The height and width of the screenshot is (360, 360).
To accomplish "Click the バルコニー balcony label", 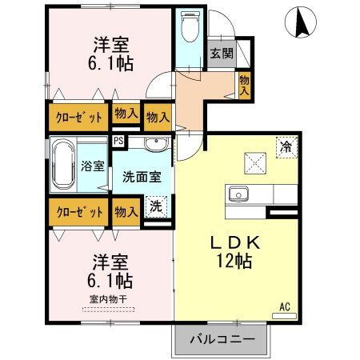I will click(222, 339).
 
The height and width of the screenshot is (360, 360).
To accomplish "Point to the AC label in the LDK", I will click(284, 306).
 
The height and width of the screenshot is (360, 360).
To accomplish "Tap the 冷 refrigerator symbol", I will click(284, 146).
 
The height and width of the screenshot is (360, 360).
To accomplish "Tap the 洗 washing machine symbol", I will click(157, 205).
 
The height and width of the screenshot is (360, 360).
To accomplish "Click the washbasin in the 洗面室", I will click(156, 145).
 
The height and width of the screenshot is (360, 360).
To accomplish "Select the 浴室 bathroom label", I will click(93, 166).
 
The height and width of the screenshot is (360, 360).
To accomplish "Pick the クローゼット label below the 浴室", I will click(78, 212).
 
